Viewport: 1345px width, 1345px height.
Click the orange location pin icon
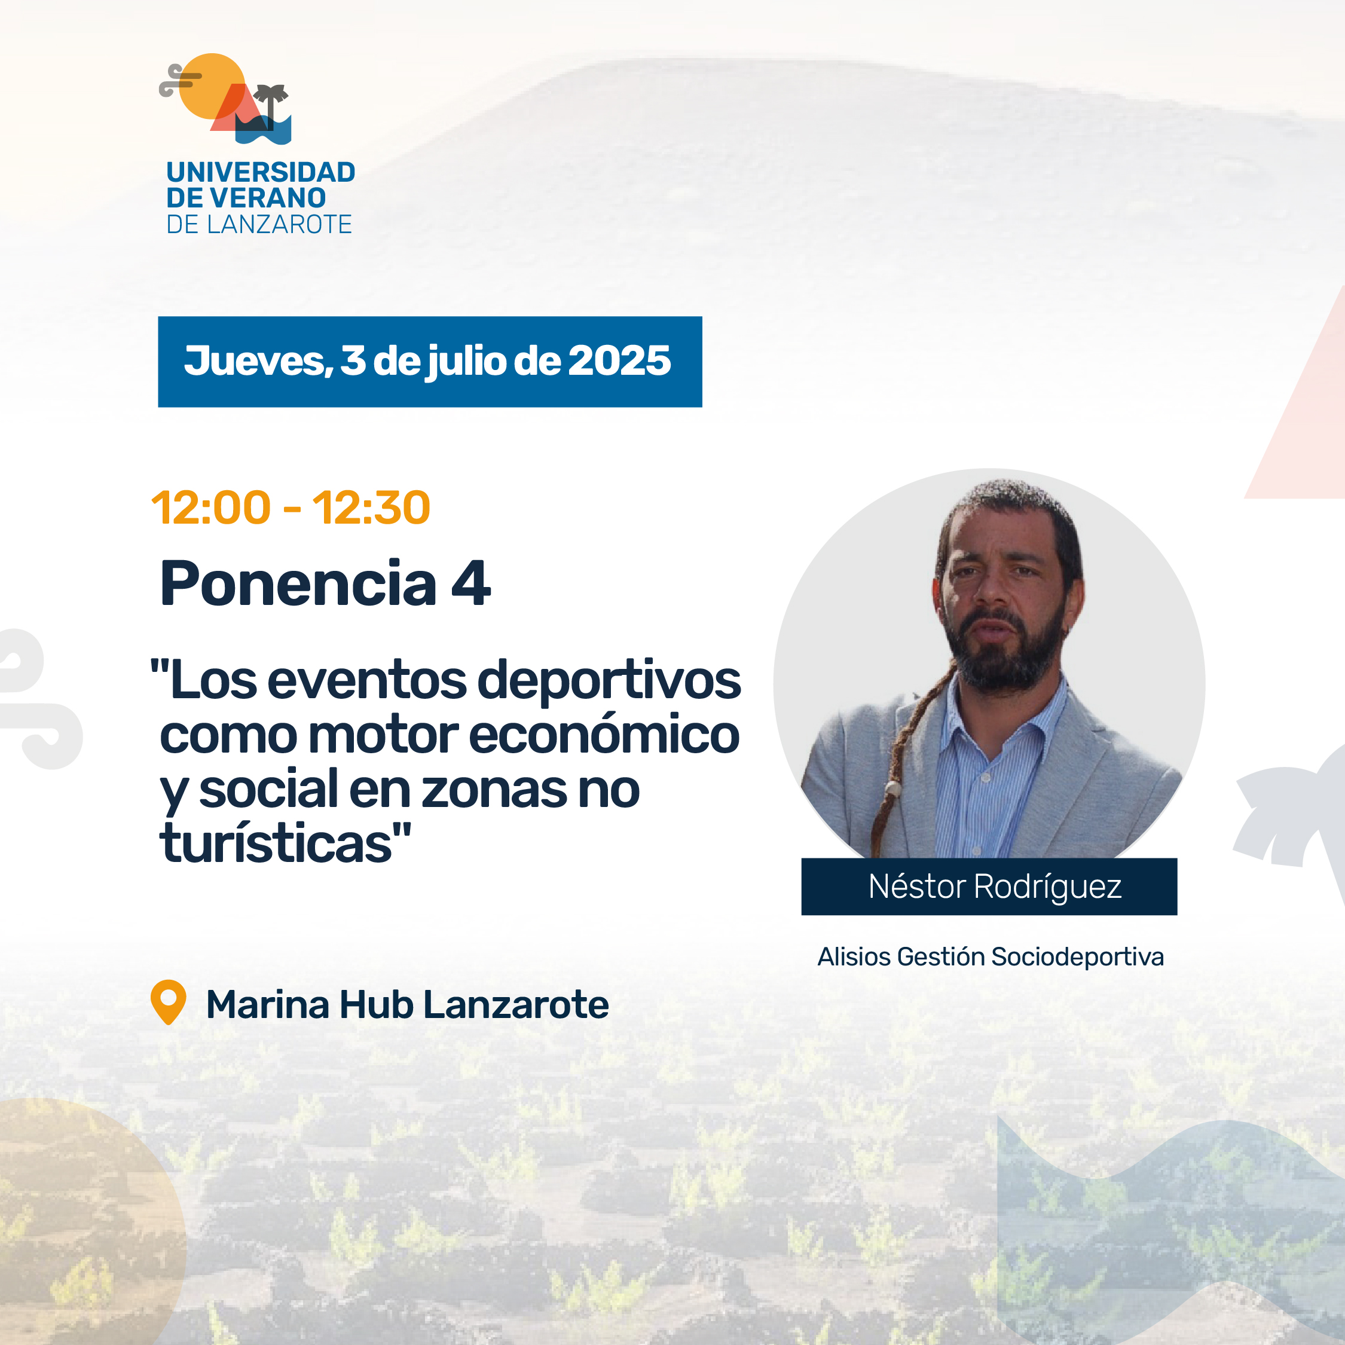169,1002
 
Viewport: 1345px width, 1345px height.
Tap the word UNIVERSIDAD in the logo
261,172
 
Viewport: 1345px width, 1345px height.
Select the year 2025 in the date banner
619,360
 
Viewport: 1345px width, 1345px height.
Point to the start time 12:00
211,507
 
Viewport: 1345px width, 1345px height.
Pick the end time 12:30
371,507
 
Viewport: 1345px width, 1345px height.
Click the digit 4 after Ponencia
471,583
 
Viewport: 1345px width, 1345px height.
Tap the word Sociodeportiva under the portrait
1078,957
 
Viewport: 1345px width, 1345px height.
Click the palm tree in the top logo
271,105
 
